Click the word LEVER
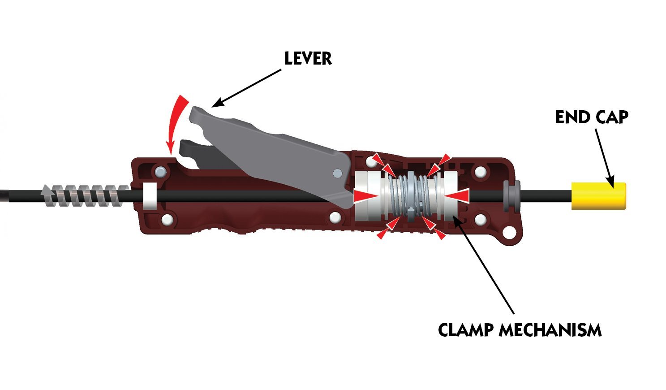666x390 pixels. [x=308, y=58]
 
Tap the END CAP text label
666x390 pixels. [x=592, y=117]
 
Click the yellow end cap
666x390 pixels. [x=598, y=196]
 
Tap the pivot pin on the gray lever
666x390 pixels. [x=337, y=173]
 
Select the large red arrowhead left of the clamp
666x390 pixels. [x=365, y=196]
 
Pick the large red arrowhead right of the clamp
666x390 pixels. [x=457, y=196]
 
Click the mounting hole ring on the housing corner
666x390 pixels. [x=509, y=232]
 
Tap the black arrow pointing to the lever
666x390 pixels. [x=246, y=88]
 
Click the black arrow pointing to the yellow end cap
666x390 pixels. [x=604, y=159]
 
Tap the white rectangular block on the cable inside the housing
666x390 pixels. [x=150, y=196]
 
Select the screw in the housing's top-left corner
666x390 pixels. [x=160, y=171]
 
